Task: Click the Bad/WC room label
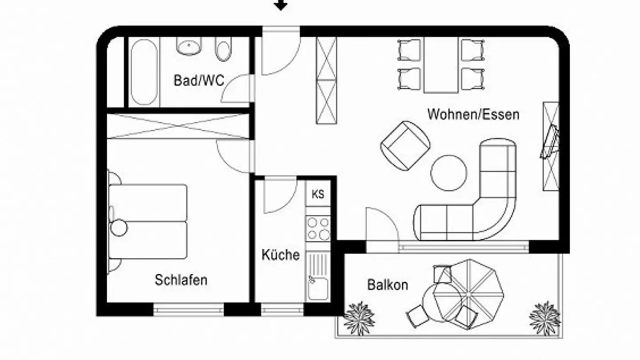tap(199, 80)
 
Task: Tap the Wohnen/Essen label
tap(473, 114)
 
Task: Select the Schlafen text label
tap(181, 280)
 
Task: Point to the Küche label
tap(280, 255)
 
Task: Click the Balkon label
tap(388, 284)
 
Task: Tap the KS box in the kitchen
tap(318, 194)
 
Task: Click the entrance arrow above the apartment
tap(280, 5)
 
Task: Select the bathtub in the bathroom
tap(144, 72)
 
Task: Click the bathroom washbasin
tap(190, 45)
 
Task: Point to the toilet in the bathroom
tap(223, 49)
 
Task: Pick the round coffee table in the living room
tap(448, 172)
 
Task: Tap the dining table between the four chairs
tap(440, 64)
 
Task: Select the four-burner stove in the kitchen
tap(318, 228)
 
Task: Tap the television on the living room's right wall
tap(549, 142)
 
